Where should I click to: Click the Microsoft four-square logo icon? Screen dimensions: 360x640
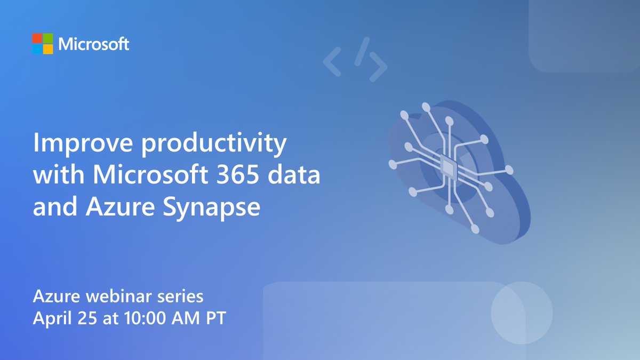click(43, 44)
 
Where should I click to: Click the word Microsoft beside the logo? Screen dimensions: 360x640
click(94, 44)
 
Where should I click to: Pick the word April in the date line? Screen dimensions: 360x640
click(51, 318)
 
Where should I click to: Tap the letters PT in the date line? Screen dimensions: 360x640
click(216, 318)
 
